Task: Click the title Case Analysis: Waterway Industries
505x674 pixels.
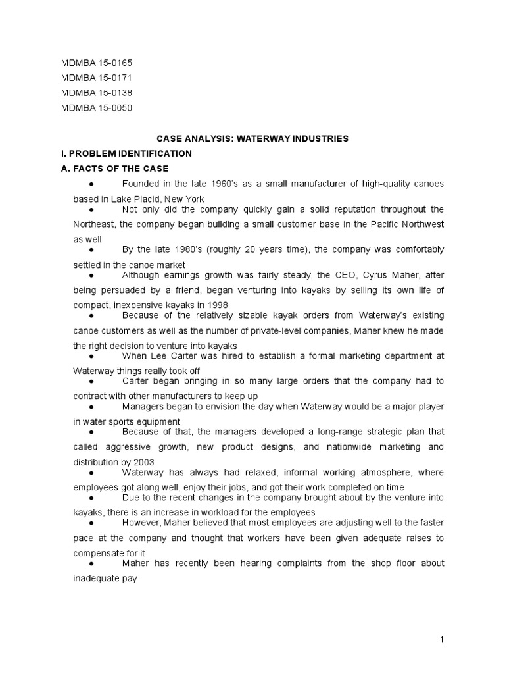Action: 252,139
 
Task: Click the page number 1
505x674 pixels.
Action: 443,640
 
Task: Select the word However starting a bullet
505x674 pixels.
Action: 142,523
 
